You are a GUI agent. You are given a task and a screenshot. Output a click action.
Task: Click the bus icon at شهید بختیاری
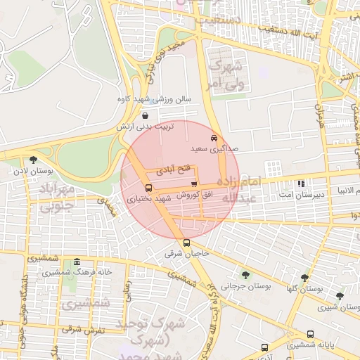pyautogui.click(x=148, y=188)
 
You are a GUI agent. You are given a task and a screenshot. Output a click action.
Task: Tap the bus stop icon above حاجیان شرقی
pyautogui.click(x=186, y=243)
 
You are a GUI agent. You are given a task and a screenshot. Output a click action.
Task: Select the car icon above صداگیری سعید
pyautogui.click(x=214, y=138)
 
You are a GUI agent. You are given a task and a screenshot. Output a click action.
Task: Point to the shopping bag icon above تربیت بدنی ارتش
pyautogui.click(x=145, y=115)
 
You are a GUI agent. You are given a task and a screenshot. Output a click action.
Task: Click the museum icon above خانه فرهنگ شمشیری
pyautogui.click(x=77, y=262)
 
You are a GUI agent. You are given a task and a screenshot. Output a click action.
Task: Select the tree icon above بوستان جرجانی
pyautogui.click(x=245, y=275)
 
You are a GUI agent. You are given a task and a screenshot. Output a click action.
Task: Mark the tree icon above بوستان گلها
pyautogui.click(x=304, y=278)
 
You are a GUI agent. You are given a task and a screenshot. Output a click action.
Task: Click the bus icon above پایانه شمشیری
pyautogui.click(x=310, y=334)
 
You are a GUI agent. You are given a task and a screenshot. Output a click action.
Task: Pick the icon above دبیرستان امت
pyautogui.click(x=301, y=184)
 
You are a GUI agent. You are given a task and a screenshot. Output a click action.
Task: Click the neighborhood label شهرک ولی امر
pyautogui.click(x=225, y=75)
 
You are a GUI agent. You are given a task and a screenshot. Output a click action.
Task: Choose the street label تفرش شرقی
pyautogui.click(x=83, y=329)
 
